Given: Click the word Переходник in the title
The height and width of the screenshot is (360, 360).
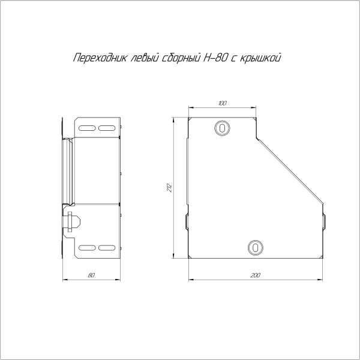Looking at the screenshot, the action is [100, 58].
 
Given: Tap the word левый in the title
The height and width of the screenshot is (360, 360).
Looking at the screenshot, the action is [145, 58].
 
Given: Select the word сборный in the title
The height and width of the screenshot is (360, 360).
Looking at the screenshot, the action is [181, 58].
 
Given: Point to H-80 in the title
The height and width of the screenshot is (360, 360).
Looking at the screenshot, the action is [215, 58].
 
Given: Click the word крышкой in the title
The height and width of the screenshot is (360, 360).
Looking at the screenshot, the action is [260, 58].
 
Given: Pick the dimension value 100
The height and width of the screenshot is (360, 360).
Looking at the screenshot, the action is [222, 103].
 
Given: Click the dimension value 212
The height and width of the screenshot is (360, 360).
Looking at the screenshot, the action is [169, 188].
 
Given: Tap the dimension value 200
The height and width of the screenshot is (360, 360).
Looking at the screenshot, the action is [256, 275].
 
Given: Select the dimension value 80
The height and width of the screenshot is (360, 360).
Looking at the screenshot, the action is [91, 275].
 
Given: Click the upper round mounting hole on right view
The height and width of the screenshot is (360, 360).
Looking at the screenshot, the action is [222, 128].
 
